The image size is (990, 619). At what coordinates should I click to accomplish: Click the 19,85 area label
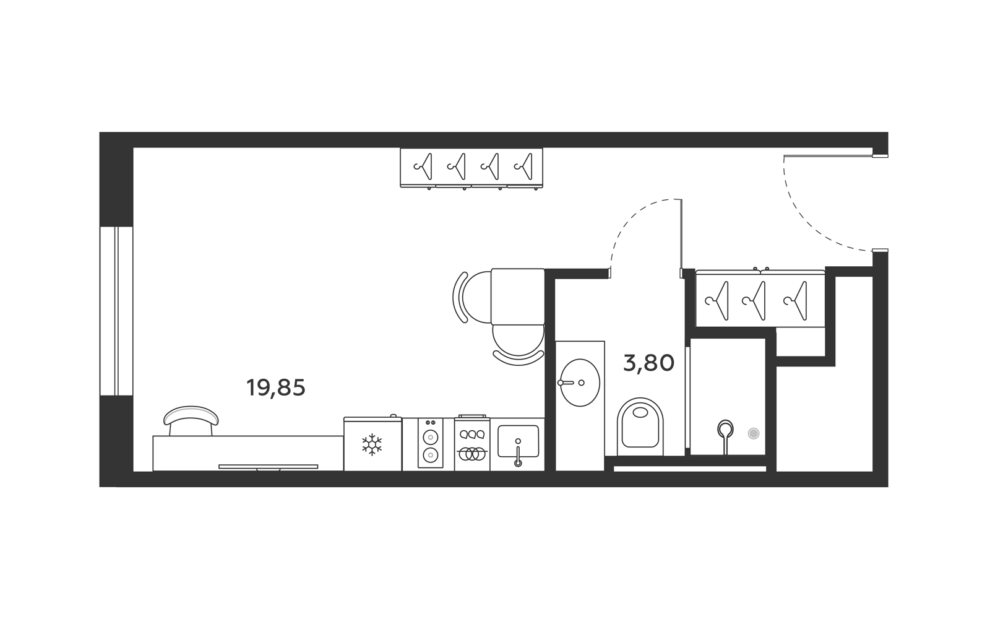pos(276,387)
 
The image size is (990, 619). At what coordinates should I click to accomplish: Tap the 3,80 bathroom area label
pos(648,363)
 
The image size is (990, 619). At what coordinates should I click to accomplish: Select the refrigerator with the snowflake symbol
pos(372,443)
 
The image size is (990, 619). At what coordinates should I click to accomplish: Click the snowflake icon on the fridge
pos(372,444)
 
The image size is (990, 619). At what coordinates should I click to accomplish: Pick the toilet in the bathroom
pos(640,427)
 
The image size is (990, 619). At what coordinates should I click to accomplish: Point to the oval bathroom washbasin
pos(579,383)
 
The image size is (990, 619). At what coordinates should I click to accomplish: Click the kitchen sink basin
pos(518,441)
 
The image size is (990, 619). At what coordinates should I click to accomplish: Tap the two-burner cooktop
pos(431,443)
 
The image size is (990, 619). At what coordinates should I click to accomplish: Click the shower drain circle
pos(754,433)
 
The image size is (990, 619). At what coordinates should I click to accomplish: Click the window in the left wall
pos(116,311)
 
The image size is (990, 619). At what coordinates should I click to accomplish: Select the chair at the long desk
pos(191,420)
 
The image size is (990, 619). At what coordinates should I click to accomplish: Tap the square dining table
pos(517,297)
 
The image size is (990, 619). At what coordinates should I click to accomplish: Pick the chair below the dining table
pos(518,345)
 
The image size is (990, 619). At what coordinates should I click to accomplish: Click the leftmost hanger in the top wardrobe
pos(423,167)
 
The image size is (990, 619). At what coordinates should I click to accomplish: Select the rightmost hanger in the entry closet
pos(796,301)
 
